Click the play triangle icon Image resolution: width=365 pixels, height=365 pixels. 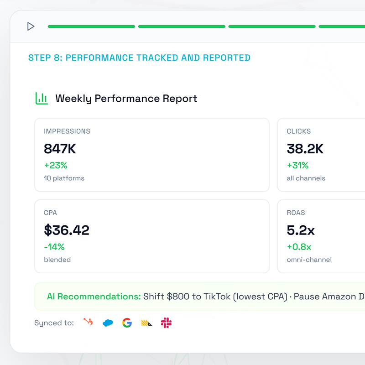point(31,26)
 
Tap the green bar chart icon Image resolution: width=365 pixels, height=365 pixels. point(42,98)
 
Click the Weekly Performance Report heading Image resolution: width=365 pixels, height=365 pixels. point(126,99)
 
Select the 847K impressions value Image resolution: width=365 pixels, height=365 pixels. point(60,149)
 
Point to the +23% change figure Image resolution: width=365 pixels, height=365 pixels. point(56,165)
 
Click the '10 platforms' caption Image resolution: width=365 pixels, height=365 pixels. point(64,178)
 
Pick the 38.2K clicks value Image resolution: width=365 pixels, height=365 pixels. point(305,149)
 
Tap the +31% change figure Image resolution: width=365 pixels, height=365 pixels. point(297,165)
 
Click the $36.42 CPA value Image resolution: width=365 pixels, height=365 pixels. point(67,230)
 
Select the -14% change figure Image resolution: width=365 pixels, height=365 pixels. point(54,247)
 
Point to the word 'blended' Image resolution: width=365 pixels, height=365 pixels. point(57,260)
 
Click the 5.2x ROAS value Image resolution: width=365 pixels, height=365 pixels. point(301,230)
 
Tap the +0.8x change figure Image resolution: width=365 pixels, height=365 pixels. point(299,247)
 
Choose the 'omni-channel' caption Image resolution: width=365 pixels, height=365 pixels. point(309,260)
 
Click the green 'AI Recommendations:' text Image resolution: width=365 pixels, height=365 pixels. point(94,297)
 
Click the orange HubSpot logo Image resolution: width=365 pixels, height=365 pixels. point(88,322)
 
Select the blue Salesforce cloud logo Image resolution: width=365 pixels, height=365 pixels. point(108,323)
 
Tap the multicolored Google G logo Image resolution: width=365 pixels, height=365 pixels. point(127,323)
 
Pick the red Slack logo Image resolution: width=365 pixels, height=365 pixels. point(166,323)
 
